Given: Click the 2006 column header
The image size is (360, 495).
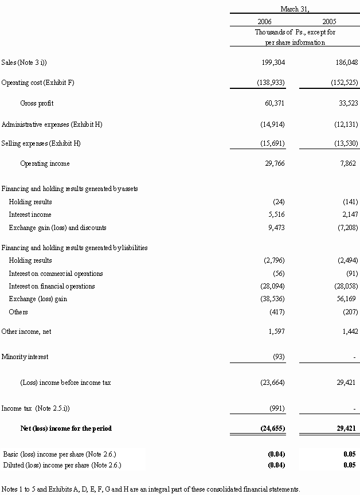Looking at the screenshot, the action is pyautogui.click(x=264, y=21).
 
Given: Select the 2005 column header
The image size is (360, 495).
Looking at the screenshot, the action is pyautogui.click(x=329, y=21).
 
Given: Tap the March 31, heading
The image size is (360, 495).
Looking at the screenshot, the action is pyautogui.click(x=295, y=9).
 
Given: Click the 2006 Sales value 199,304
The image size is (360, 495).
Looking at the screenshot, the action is pyautogui.click(x=273, y=63).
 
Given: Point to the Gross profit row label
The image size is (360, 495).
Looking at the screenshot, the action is pyautogui.click(x=37, y=103).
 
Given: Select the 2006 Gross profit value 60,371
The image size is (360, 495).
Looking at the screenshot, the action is pyautogui.click(x=275, y=103).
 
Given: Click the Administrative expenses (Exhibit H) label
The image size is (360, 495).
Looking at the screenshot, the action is pyautogui.click(x=52, y=124).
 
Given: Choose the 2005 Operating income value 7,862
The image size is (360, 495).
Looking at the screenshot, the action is pyautogui.click(x=348, y=163).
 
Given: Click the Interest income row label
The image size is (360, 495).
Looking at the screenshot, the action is pyautogui.click(x=30, y=215).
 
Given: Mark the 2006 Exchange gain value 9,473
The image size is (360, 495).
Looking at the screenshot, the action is pyautogui.click(x=276, y=228).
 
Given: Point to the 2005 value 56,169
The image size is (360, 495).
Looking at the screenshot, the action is pyautogui.click(x=346, y=299).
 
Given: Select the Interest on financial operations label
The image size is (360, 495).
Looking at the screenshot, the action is pyautogui.click(x=52, y=286).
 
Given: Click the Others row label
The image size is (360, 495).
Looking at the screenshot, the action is pyautogui.click(x=18, y=312).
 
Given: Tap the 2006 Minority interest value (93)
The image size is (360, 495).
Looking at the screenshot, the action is pyautogui.click(x=279, y=357).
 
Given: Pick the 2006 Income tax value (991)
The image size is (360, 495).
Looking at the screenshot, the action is pyautogui.click(x=277, y=408).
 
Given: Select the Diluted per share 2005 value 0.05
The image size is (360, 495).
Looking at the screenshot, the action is pyautogui.click(x=350, y=465).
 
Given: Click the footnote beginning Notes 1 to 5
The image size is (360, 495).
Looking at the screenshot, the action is pyautogui.click(x=150, y=489).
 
